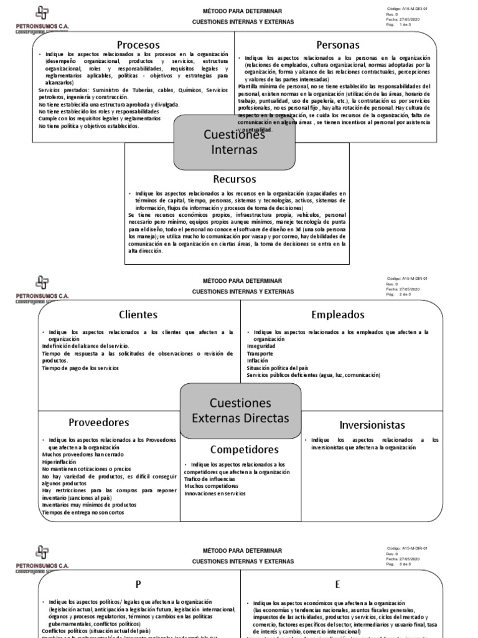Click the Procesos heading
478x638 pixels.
138,45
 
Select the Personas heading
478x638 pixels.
337,45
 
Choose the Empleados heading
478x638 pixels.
338,314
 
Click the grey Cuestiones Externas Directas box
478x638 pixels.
240,409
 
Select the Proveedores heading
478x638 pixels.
98,422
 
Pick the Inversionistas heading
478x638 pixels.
372,424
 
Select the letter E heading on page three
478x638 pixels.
338,584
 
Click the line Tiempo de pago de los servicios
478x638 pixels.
80,368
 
